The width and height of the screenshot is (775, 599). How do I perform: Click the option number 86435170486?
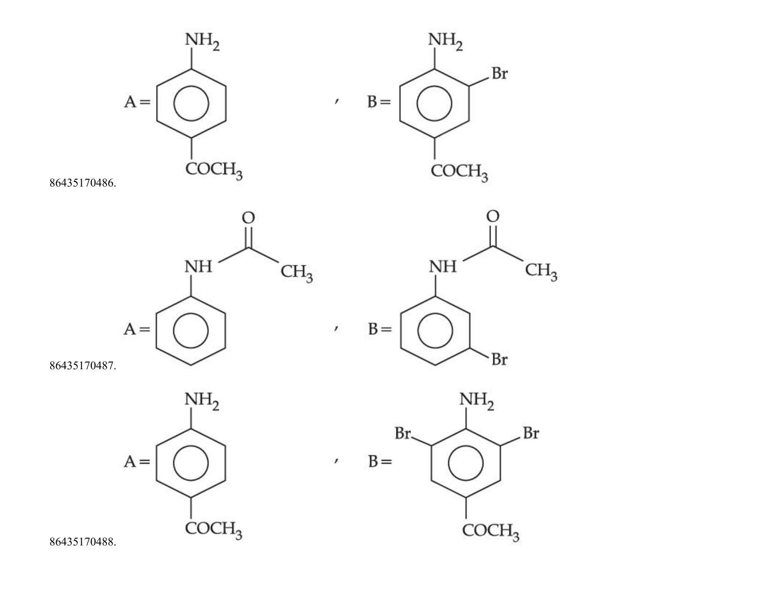point(83,183)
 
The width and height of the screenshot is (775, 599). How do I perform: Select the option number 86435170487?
point(83,366)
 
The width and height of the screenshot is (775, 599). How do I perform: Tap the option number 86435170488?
point(83,542)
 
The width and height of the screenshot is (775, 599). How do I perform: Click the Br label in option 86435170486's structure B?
point(499,73)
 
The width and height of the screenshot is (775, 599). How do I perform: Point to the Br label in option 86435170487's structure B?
point(499,359)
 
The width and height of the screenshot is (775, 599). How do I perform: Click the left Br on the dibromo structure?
point(403,433)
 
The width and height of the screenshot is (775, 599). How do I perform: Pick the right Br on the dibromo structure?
point(531,433)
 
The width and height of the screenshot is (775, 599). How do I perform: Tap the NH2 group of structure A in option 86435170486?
point(202,41)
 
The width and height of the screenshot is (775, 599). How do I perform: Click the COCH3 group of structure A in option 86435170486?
point(214,171)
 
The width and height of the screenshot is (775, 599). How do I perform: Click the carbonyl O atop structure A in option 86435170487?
point(248,218)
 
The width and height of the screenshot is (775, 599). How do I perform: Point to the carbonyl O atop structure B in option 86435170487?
point(492,216)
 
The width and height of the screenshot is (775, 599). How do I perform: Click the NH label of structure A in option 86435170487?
point(198,267)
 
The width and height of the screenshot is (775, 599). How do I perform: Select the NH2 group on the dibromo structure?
point(476,401)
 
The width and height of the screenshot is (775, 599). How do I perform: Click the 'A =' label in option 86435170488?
point(137,461)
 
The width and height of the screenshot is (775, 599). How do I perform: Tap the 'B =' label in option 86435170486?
point(379,102)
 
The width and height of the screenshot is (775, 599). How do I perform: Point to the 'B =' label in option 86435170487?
point(380,329)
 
